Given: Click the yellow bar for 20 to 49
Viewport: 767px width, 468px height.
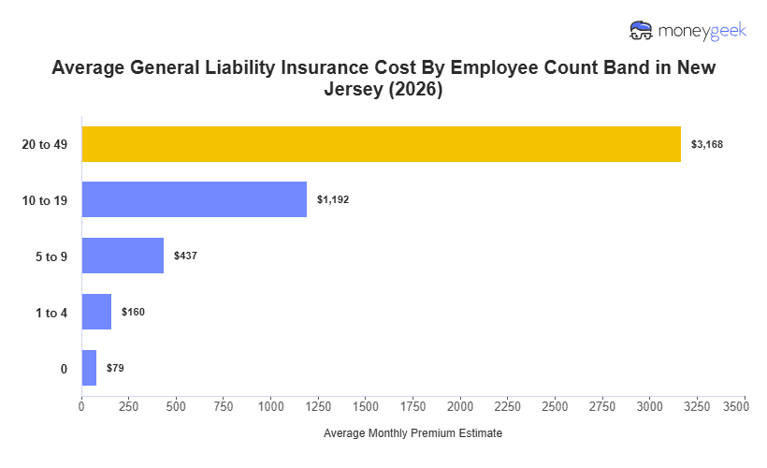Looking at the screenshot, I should coord(381,144).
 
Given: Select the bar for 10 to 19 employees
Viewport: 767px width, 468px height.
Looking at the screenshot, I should coord(194,199).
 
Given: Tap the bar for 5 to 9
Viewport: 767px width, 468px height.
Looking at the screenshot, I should coord(123,256).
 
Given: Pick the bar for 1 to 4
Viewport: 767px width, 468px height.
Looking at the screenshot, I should coord(96,312).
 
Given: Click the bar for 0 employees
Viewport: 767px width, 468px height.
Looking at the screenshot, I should coord(89,368).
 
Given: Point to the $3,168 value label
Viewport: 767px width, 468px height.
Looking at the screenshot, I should coord(707,144).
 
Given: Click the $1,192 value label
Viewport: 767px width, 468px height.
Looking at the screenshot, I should coord(333,199).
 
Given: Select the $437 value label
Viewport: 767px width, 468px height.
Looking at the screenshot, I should coord(185,256).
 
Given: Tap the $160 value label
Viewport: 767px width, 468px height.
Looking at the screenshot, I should coord(133,312).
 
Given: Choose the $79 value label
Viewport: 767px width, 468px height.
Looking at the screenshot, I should coord(115,368).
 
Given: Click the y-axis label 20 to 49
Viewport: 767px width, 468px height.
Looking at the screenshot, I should coord(45,144).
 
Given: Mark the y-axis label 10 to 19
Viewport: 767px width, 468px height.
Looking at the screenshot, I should coord(45,200).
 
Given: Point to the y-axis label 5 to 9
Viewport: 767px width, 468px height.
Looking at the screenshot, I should coord(51,256).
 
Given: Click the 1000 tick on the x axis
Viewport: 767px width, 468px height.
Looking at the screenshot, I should coord(271,407).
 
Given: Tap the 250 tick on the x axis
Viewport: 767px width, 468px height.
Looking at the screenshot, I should coord(129,407).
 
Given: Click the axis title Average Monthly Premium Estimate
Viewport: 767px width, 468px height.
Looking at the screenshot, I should coord(412,434).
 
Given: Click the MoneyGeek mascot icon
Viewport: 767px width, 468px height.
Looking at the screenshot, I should coord(641,31).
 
